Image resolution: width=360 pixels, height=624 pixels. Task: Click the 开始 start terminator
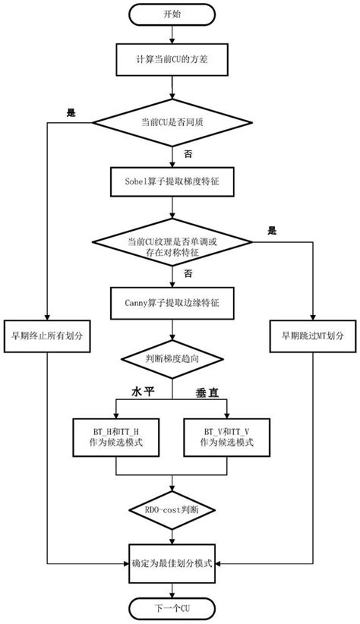[x=172, y=14]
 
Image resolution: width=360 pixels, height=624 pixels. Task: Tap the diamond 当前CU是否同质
[x=172, y=123]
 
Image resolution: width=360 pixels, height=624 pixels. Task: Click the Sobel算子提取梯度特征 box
[x=172, y=183]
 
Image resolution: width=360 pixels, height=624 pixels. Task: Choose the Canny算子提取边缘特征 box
[x=172, y=302]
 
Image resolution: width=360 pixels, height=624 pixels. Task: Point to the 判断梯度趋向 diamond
[x=172, y=357]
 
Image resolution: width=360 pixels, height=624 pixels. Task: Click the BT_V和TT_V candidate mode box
[x=229, y=436]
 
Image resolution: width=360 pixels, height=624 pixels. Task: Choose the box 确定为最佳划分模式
[x=172, y=565]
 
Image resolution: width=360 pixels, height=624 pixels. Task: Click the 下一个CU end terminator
[x=172, y=609]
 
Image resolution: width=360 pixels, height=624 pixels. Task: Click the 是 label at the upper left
[x=72, y=113]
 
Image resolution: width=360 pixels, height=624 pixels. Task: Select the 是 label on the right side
[x=273, y=230]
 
